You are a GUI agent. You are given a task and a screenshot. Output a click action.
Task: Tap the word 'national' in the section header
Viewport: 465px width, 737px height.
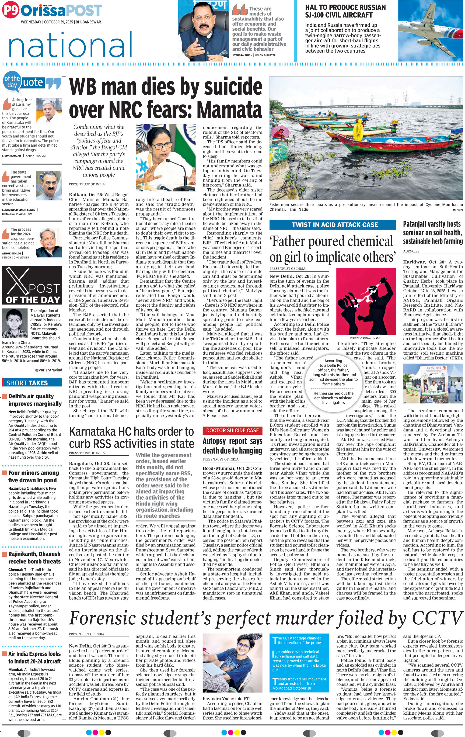(71, 45)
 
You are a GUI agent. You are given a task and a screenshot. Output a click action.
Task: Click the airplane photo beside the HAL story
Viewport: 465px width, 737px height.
(430, 31)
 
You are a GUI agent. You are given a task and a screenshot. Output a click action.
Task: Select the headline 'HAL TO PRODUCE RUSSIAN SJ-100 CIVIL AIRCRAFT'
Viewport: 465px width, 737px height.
(345, 11)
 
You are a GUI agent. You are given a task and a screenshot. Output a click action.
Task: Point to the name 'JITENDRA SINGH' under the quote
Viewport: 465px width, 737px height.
(242, 56)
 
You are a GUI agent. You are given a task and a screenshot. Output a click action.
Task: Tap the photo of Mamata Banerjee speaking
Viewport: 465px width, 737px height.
(165, 157)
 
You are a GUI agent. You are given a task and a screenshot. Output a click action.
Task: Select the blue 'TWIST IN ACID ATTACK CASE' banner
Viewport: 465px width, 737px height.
(334, 225)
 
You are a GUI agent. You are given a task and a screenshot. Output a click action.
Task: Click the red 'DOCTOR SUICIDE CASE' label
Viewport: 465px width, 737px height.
(232, 430)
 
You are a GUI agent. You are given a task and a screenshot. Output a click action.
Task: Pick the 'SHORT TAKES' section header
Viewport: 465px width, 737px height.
(27, 383)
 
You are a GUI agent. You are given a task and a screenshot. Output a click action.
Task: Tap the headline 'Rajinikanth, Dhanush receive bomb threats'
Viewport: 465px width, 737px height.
(34, 558)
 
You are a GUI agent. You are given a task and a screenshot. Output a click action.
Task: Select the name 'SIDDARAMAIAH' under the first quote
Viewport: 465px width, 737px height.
(12, 155)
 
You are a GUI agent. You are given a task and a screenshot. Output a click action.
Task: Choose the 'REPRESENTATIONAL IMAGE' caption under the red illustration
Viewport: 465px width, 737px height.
(365, 338)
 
